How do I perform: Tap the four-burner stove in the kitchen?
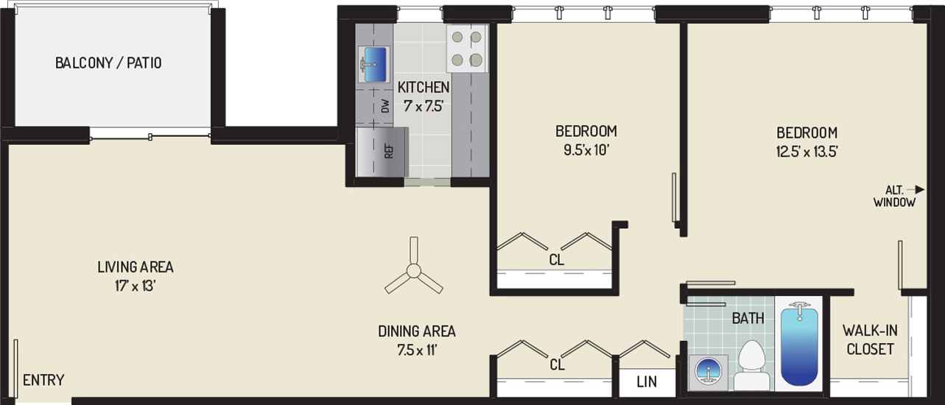tap(467, 49)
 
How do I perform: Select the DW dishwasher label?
tap(385, 105)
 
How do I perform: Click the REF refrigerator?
tap(382, 152)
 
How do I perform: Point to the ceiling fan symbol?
tap(414, 267)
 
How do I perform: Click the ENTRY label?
tap(43, 380)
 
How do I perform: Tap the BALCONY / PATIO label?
tap(108, 63)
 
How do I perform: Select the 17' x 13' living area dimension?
tap(136, 286)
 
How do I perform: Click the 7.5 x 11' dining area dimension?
tap(417, 351)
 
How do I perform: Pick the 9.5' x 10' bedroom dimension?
tap(586, 150)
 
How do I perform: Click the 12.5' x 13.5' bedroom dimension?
tap(807, 152)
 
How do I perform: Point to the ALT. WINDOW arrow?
tap(916, 190)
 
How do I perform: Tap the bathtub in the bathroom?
tap(799, 343)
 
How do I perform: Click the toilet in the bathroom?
tap(752, 365)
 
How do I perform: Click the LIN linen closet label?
tap(647, 381)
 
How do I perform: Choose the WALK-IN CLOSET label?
tap(870, 339)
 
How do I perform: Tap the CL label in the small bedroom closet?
tap(556, 260)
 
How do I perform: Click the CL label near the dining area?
tap(557, 364)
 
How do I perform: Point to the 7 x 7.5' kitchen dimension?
tap(423, 106)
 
